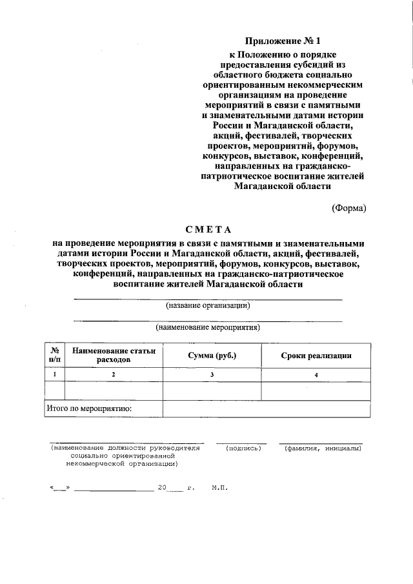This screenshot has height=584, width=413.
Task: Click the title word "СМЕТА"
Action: point(208,230)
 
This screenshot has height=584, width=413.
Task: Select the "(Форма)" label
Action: point(348,208)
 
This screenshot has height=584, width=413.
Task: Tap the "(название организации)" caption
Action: point(208,305)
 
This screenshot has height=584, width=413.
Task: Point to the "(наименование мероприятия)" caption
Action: point(208,327)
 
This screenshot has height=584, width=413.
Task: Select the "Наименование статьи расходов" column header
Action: point(114,355)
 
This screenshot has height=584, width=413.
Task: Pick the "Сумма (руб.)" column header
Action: point(212,356)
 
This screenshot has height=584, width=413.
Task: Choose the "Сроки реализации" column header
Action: point(316,356)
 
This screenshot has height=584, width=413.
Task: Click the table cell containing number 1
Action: point(55,374)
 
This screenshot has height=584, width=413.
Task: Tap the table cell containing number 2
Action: point(113,374)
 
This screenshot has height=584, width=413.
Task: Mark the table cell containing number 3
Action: point(212,374)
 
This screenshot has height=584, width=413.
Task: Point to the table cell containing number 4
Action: point(316,374)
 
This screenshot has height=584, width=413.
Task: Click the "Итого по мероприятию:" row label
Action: point(90,408)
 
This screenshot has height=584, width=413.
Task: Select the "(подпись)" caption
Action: point(239,448)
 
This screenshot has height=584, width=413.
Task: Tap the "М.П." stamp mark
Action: point(219,488)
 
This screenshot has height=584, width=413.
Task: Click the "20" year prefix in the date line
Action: point(161,488)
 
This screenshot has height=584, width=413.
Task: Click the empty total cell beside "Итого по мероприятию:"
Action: point(267,408)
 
